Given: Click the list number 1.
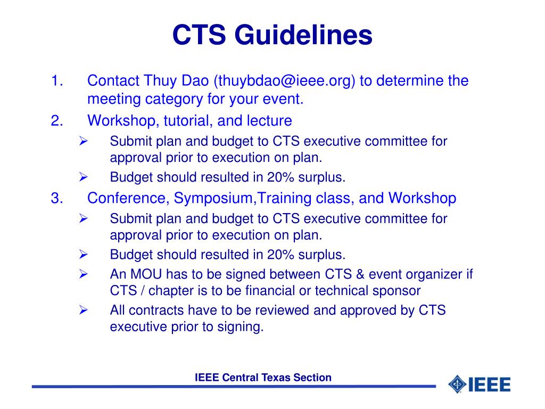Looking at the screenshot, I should [57, 81].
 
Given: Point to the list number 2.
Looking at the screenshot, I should [57, 121].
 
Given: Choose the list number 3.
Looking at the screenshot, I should [57, 198].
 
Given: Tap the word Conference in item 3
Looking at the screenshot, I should [128, 198].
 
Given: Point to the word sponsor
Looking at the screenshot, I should [398, 291].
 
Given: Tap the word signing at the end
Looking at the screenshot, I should [240, 326].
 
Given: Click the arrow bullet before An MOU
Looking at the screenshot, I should [83, 274].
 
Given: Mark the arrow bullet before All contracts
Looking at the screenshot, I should [83, 310].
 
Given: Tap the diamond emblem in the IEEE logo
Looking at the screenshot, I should [457, 384].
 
